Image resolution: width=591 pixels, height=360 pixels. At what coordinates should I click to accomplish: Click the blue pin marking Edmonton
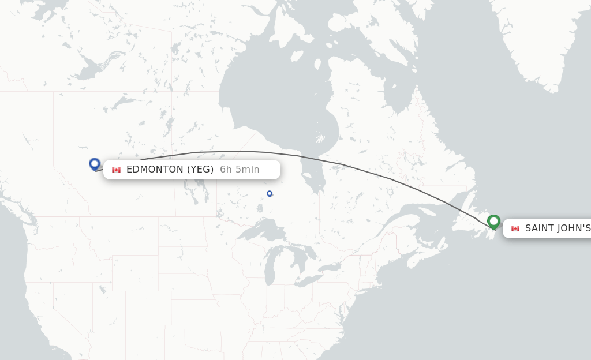tap(95, 164)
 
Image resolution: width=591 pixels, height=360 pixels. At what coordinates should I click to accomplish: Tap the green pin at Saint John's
tap(493, 221)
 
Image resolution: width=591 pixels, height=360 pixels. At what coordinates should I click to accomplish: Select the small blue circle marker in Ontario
tap(270, 193)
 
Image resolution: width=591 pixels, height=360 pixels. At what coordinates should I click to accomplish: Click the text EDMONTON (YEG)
tap(170, 170)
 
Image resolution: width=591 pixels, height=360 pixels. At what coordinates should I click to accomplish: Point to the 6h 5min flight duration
tap(240, 170)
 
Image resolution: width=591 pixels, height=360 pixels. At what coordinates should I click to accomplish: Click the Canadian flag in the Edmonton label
tap(116, 170)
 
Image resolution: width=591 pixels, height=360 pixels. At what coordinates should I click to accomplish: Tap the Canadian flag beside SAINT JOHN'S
tap(515, 228)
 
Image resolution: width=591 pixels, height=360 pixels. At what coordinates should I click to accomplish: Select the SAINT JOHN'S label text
tap(558, 228)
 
